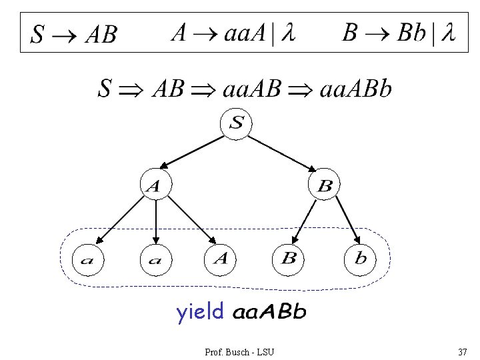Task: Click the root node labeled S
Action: [x=237, y=123]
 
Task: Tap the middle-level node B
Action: [x=323, y=185]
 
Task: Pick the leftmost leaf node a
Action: [x=87, y=260]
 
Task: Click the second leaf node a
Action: [x=155, y=260]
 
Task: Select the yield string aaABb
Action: [x=269, y=312]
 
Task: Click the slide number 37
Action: [x=462, y=351]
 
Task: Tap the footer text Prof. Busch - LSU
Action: [x=239, y=351]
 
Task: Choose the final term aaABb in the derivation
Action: [x=356, y=89]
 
